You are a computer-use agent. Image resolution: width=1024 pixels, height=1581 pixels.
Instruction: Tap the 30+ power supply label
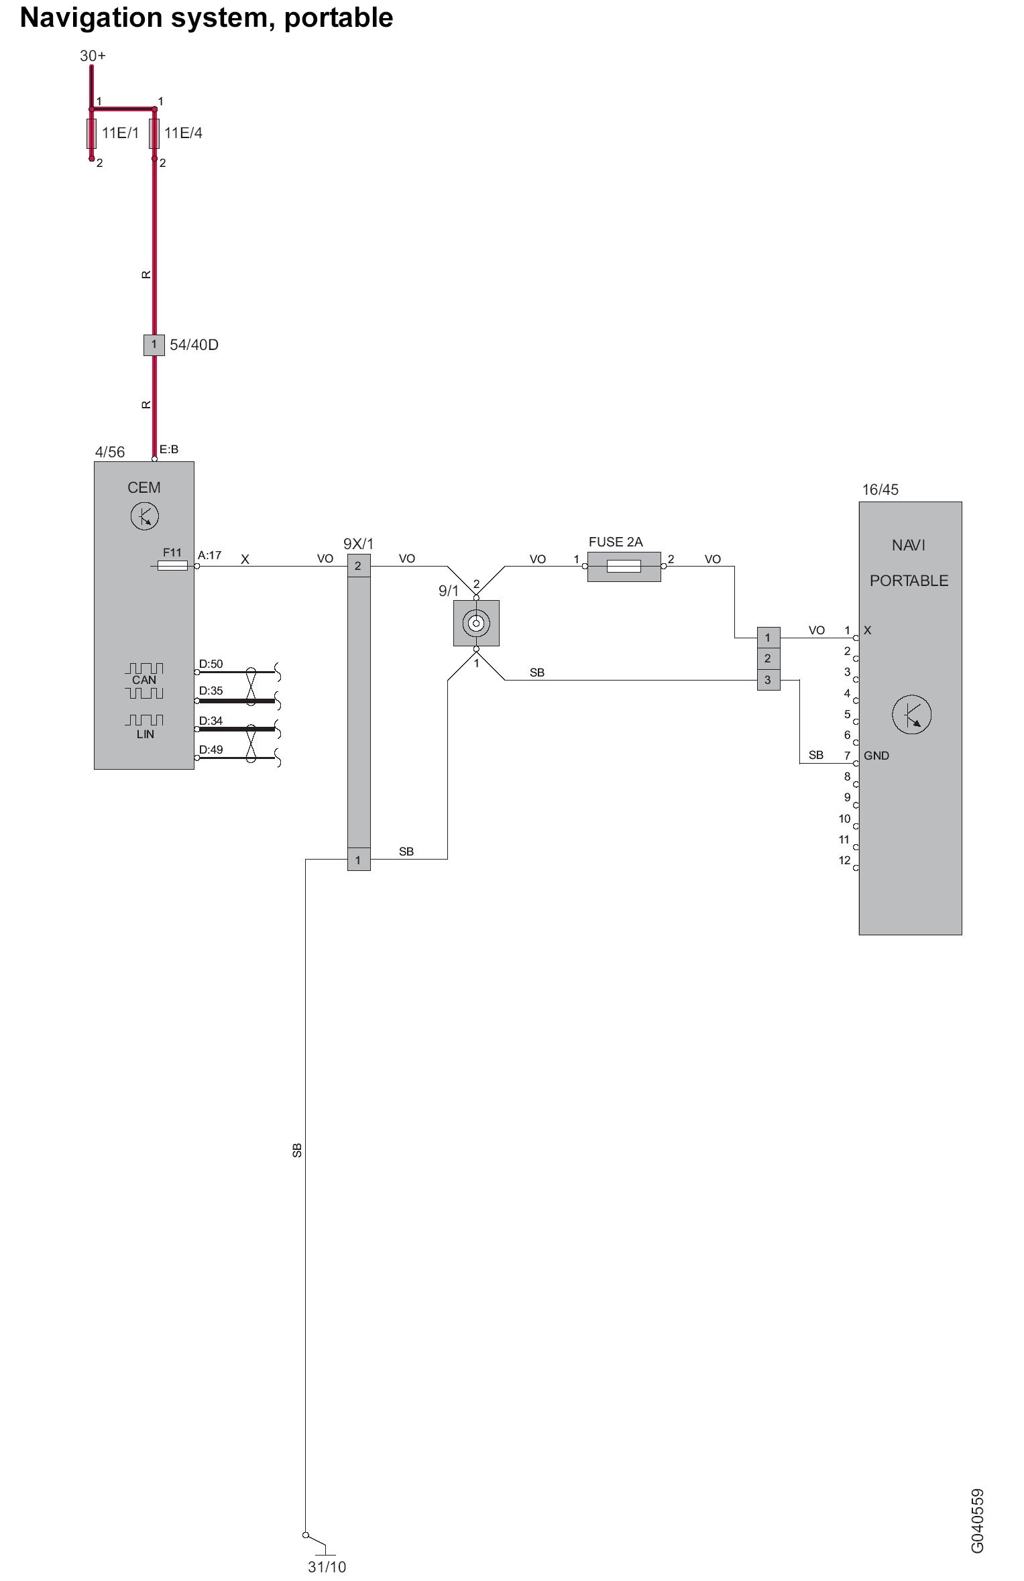tap(93, 56)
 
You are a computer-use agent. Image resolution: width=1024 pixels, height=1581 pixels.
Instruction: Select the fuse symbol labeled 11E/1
tap(91, 133)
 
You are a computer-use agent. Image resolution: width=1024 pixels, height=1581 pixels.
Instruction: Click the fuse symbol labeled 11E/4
tap(154, 133)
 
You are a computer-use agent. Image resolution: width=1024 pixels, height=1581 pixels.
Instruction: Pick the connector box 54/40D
tap(154, 345)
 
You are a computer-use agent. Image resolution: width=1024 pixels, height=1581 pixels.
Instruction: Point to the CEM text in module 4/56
tap(144, 487)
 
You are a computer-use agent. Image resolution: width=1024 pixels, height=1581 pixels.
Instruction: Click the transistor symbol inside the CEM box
tap(144, 516)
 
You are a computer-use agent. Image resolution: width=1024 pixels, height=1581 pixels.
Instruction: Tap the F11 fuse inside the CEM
tap(172, 566)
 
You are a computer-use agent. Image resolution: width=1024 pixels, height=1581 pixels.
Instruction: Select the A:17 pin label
tap(209, 555)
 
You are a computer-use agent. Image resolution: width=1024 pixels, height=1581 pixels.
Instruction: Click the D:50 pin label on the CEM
tap(211, 664)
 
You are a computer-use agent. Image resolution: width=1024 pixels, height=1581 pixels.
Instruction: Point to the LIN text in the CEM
tap(145, 734)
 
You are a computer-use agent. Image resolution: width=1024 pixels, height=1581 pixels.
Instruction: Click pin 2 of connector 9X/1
tap(358, 566)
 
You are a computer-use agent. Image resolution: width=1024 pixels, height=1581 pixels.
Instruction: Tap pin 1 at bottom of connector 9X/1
tap(358, 860)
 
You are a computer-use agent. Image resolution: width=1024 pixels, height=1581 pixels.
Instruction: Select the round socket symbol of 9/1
tap(476, 624)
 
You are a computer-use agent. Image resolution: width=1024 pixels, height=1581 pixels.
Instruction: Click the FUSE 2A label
tap(615, 542)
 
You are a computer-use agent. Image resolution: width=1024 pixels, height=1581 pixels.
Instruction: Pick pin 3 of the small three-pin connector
tap(768, 680)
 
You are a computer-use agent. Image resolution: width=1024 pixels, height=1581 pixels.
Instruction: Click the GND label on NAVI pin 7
tap(876, 756)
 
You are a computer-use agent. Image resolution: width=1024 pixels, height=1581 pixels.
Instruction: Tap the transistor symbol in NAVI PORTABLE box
tap(911, 714)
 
